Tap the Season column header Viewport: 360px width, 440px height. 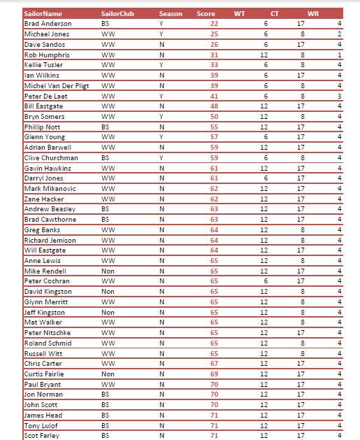(x=170, y=13)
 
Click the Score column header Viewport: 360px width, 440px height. (x=206, y=13)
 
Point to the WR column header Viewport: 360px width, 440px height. (x=313, y=13)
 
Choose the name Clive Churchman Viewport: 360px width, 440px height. (x=51, y=157)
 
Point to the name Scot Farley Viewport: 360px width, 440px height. (x=43, y=435)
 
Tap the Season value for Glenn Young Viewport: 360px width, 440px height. (x=161, y=137)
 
